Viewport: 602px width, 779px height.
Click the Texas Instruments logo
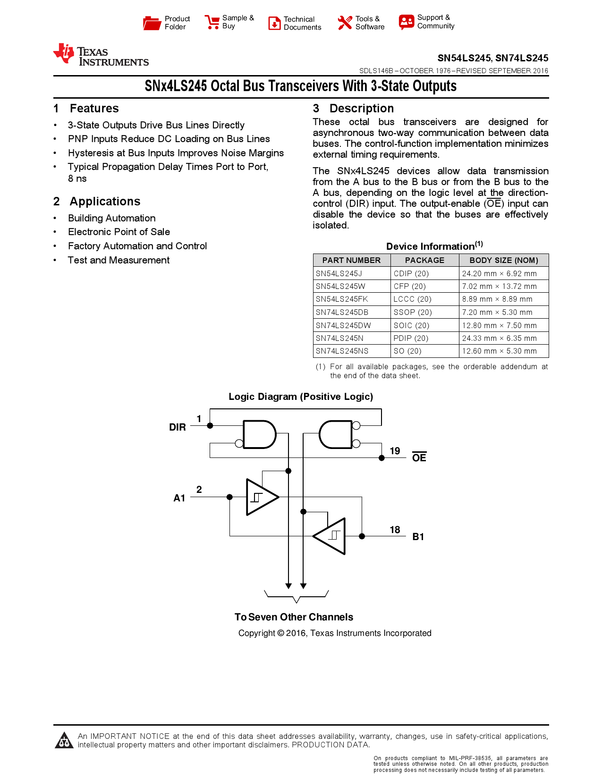click(101, 55)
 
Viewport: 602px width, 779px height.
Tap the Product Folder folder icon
click(152, 23)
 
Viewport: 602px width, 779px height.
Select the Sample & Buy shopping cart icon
click(212, 22)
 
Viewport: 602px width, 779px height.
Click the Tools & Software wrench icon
click(345, 23)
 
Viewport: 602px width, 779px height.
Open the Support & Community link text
click(435, 22)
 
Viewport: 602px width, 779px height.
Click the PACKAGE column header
click(424, 260)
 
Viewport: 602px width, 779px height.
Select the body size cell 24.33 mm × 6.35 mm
click(499, 339)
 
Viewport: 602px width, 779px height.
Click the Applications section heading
click(105, 202)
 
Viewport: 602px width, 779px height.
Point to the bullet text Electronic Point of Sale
click(119, 232)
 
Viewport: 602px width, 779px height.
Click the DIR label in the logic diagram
click(178, 427)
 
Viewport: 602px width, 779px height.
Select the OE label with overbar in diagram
click(419, 457)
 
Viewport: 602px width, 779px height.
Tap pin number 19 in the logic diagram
click(395, 451)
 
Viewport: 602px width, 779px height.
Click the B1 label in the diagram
click(418, 537)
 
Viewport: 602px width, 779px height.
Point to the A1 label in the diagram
click(179, 498)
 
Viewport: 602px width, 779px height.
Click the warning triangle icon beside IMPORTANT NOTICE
click(64, 741)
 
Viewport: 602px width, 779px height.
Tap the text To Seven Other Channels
click(294, 617)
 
